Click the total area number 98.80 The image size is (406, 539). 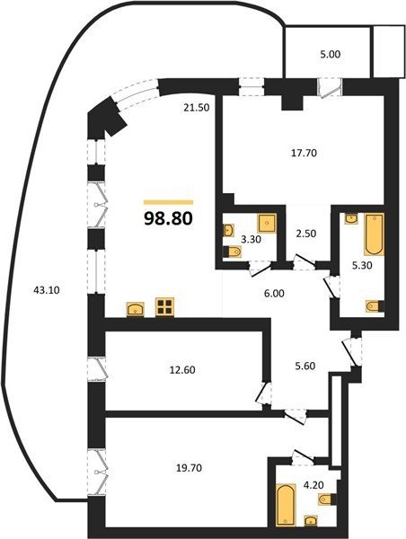[x=168, y=218]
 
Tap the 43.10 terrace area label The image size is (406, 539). [x=47, y=290]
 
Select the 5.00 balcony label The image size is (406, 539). [x=331, y=54]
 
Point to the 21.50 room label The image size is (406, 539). [x=197, y=108]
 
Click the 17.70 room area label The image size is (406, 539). [x=304, y=153]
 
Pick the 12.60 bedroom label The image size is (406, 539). [x=182, y=370]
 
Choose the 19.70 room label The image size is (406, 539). [x=189, y=468]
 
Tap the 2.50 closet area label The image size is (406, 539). [x=306, y=234]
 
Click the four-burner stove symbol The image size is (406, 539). [x=164, y=307]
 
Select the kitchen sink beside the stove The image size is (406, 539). [x=137, y=309]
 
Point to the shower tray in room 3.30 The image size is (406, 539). [x=267, y=224]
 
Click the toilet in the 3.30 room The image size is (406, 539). [x=232, y=252]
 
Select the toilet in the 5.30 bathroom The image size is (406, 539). [x=375, y=306]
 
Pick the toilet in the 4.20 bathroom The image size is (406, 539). [x=327, y=499]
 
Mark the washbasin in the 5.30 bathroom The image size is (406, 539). [x=351, y=218]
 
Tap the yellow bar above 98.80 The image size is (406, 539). [x=169, y=202]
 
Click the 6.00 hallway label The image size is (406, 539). [x=274, y=294]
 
